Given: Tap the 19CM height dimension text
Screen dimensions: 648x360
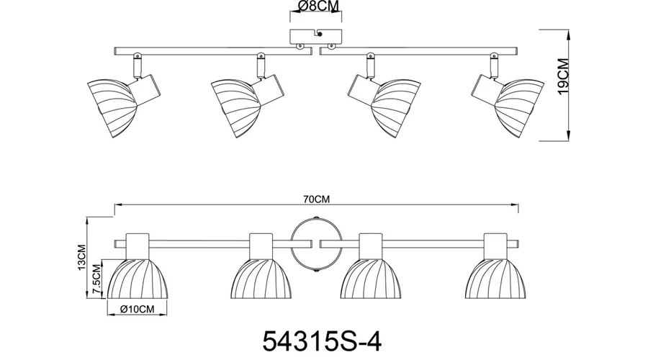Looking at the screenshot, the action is pos(563,76).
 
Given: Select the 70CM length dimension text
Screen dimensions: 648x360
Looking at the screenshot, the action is pos(317,199).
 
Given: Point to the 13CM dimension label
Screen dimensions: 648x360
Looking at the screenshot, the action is pos(81,258).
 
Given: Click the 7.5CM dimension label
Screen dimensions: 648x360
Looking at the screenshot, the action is pos(97,279).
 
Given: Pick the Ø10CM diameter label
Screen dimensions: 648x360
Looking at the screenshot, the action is pos(138,309).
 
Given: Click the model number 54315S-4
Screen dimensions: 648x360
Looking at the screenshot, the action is pos(322,341).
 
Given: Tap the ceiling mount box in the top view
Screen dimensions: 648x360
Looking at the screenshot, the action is pos(316,37).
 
